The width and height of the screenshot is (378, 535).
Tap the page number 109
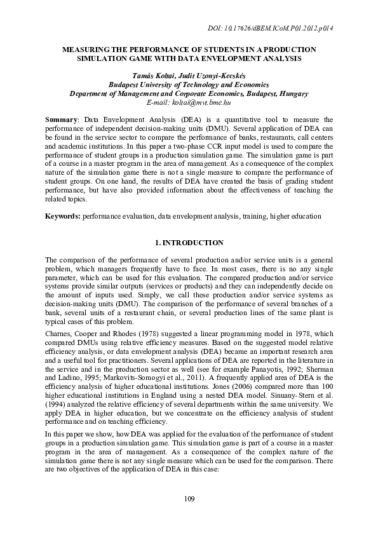[x=189, y=498]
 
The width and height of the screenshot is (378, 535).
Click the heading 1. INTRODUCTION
[x=189, y=243]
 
